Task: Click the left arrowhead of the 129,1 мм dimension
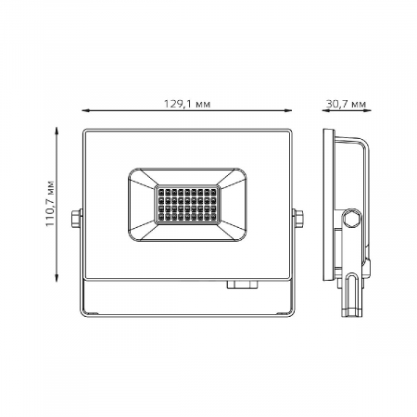coord(83,116)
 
